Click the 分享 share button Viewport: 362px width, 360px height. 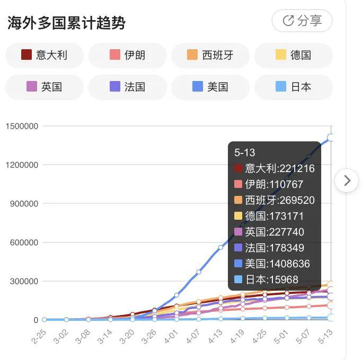[x=302, y=21]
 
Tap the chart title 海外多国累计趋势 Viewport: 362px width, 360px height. [x=66, y=23]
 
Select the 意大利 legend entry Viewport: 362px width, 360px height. [x=45, y=55]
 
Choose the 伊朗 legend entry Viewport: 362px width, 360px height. [x=128, y=55]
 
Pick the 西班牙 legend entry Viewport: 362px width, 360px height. [x=210, y=55]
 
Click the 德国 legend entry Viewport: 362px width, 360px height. [x=294, y=55]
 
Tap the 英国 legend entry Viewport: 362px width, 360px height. [x=45, y=87]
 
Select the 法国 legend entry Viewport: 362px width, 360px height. [x=128, y=87]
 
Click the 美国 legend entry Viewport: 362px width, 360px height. [x=210, y=87]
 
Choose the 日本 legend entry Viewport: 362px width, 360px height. [x=294, y=87]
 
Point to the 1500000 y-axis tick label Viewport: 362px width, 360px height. [x=22, y=126]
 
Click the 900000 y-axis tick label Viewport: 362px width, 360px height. [x=24, y=204]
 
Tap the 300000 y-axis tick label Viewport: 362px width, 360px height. [x=24, y=281]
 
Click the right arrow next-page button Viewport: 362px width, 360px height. [x=347, y=181]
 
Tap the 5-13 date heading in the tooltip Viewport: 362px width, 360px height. [x=245, y=152]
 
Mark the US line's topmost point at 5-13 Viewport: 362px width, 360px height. [x=331, y=138]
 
